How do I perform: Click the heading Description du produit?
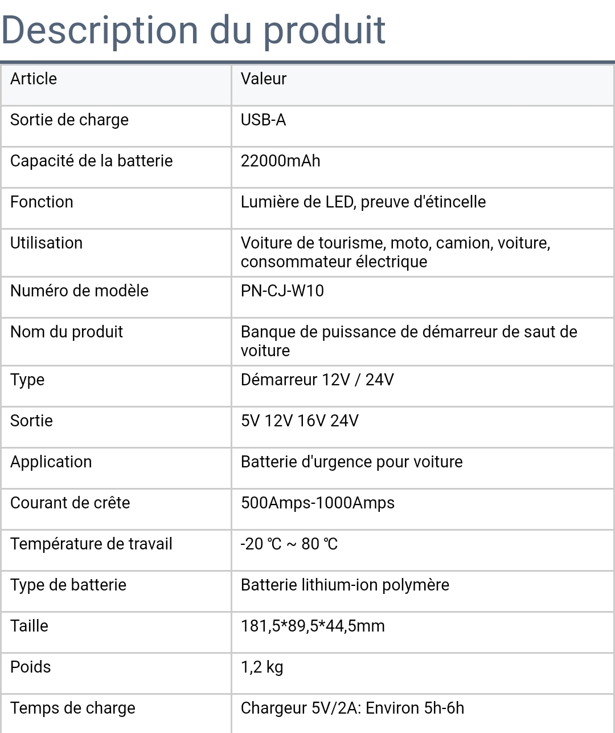(x=193, y=30)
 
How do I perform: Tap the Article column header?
(x=34, y=79)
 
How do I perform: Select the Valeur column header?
(x=263, y=79)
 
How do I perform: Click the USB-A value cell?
(x=263, y=120)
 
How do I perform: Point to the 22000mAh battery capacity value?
(x=280, y=161)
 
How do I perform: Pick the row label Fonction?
(x=42, y=202)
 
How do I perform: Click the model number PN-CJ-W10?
(x=282, y=291)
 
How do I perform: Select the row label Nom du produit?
(x=67, y=332)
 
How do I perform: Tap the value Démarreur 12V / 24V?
(x=317, y=380)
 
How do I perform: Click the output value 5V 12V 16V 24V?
(x=300, y=421)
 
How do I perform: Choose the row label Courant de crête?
(x=70, y=503)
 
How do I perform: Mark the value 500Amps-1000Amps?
(x=317, y=503)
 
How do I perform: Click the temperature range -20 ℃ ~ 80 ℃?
(x=289, y=544)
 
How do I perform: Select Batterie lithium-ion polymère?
(x=345, y=585)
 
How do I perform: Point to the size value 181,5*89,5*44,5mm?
(x=313, y=626)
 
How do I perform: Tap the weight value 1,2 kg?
(x=262, y=667)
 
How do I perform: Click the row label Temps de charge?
(x=73, y=708)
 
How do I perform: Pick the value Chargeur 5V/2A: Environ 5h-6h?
(x=352, y=708)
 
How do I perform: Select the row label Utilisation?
(x=46, y=243)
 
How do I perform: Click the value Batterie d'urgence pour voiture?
(x=351, y=462)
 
